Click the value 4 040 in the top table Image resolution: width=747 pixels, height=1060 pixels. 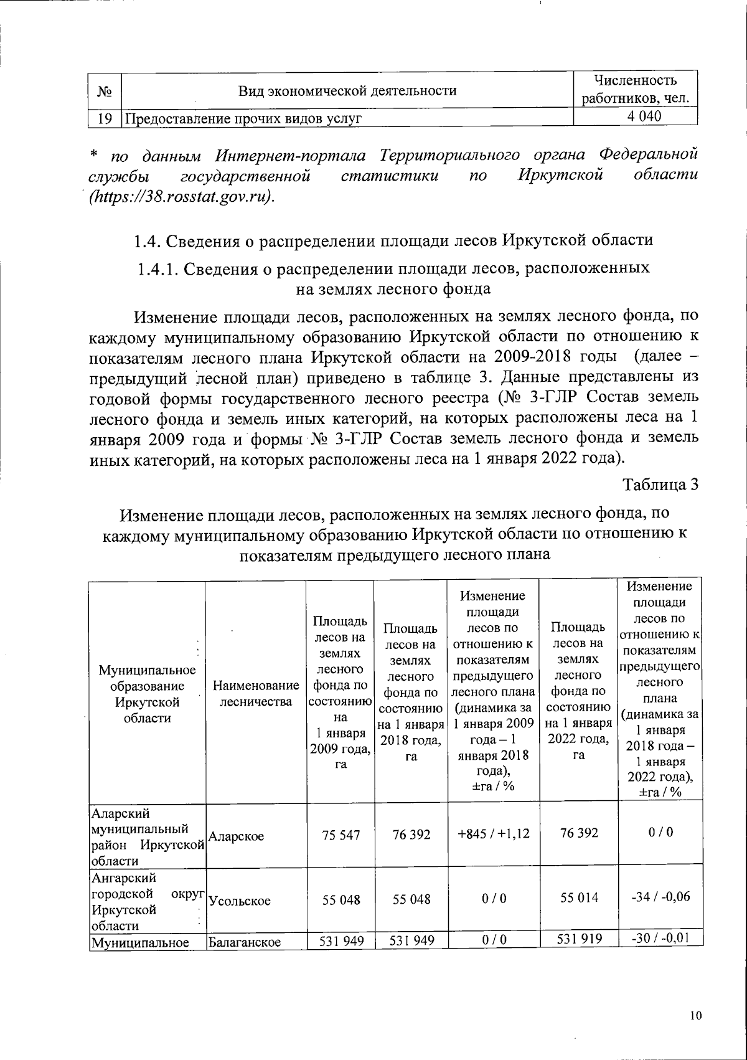[x=636, y=116]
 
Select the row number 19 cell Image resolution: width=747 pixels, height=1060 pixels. [x=104, y=118]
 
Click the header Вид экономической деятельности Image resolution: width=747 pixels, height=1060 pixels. [x=348, y=91]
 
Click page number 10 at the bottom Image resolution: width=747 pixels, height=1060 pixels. [x=695, y=1016]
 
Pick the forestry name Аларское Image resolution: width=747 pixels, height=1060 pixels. [x=236, y=836]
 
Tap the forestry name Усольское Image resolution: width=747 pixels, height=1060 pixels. [x=240, y=901]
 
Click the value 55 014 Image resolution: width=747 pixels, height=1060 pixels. [x=578, y=897]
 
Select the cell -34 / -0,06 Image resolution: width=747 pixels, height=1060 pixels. [x=659, y=897]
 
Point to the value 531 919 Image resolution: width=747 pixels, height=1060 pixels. [x=578, y=939]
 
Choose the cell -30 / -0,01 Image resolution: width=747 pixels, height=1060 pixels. [x=659, y=939]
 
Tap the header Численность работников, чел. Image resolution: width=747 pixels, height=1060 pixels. [x=636, y=89]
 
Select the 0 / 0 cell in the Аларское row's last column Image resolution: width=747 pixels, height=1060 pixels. [x=659, y=833]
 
